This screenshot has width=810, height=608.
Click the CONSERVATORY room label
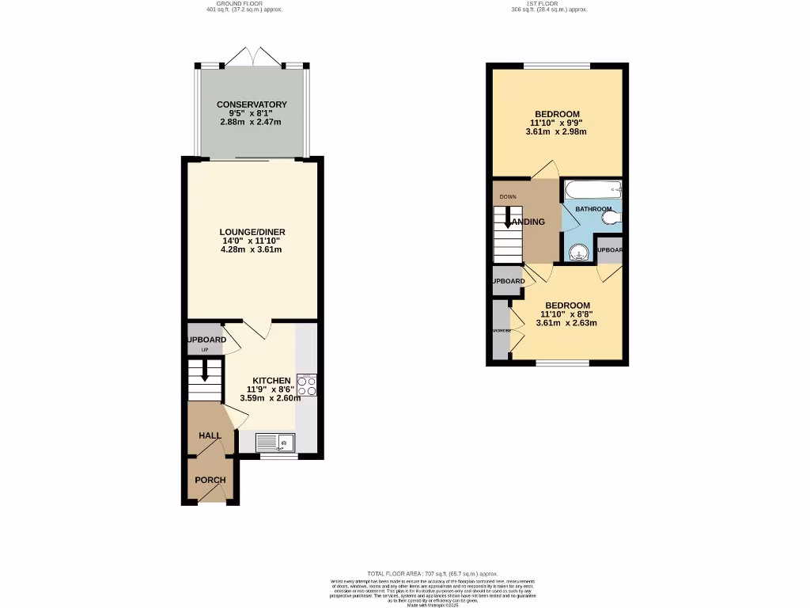[x=252, y=104]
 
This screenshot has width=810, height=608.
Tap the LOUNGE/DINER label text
[x=252, y=231]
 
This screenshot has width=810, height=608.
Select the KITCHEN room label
[x=271, y=381]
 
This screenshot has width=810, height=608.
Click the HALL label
[x=210, y=435]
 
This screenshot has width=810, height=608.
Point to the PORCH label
[x=210, y=480]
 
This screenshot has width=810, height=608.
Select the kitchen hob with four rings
[x=306, y=385]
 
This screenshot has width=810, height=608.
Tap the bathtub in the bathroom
[x=592, y=189]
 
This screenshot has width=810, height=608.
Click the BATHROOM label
[x=593, y=209]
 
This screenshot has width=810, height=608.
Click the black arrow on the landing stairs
[x=508, y=218]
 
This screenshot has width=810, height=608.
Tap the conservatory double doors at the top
[x=252, y=57]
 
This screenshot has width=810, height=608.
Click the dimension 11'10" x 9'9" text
[x=558, y=123]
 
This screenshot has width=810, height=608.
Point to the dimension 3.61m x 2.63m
[x=566, y=323]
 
